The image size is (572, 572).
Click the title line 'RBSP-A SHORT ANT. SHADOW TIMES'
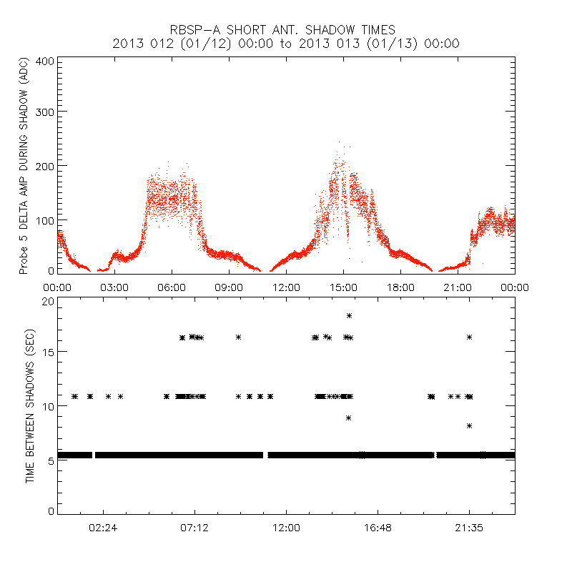tap(282, 29)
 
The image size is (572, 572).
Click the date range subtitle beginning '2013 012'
tap(286, 43)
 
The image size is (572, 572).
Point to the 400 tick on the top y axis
tap(45, 61)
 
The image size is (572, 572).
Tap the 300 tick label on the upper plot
tap(45, 112)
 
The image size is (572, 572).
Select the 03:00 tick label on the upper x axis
tap(114, 287)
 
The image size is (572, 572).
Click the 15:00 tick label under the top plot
tap(343, 287)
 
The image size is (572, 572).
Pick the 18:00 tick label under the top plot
tap(400, 287)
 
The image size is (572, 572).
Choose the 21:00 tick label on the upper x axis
tap(458, 287)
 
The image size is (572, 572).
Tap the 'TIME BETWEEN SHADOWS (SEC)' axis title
tap(31, 405)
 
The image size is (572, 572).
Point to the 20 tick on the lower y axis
tap(48, 301)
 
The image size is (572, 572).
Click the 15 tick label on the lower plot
tap(48, 352)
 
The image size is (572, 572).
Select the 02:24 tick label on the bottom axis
tap(103, 528)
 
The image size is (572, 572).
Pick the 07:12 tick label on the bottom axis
tap(194, 528)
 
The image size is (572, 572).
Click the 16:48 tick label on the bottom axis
tap(378, 528)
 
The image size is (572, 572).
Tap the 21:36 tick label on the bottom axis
tap(469, 528)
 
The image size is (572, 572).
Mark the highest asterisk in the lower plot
tap(349, 315)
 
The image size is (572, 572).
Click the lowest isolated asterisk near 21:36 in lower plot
tap(469, 425)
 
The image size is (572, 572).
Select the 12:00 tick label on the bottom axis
tap(286, 528)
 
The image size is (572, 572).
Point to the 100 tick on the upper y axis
tap(45, 219)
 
